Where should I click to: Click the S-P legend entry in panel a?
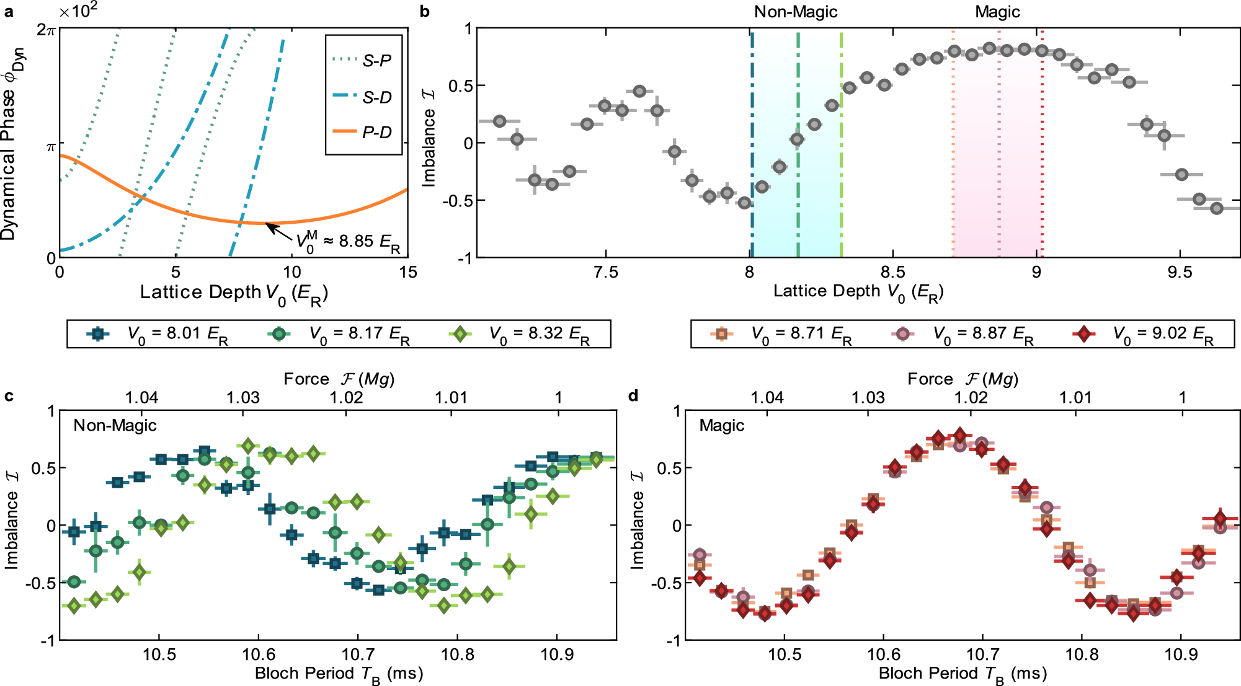(362, 61)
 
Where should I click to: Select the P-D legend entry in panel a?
(362, 132)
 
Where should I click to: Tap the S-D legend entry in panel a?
(362, 97)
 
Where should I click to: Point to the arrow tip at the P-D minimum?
(267, 224)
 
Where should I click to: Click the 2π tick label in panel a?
(47, 29)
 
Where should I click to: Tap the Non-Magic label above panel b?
(796, 12)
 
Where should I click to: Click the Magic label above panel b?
(997, 12)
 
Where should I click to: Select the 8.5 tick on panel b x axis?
(892, 272)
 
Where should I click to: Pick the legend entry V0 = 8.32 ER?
(521, 334)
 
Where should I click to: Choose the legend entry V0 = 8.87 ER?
(967, 334)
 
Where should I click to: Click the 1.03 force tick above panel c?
(243, 397)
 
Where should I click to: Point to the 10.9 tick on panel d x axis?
(1181, 654)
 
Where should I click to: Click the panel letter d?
(633, 395)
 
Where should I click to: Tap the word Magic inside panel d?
(722, 426)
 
